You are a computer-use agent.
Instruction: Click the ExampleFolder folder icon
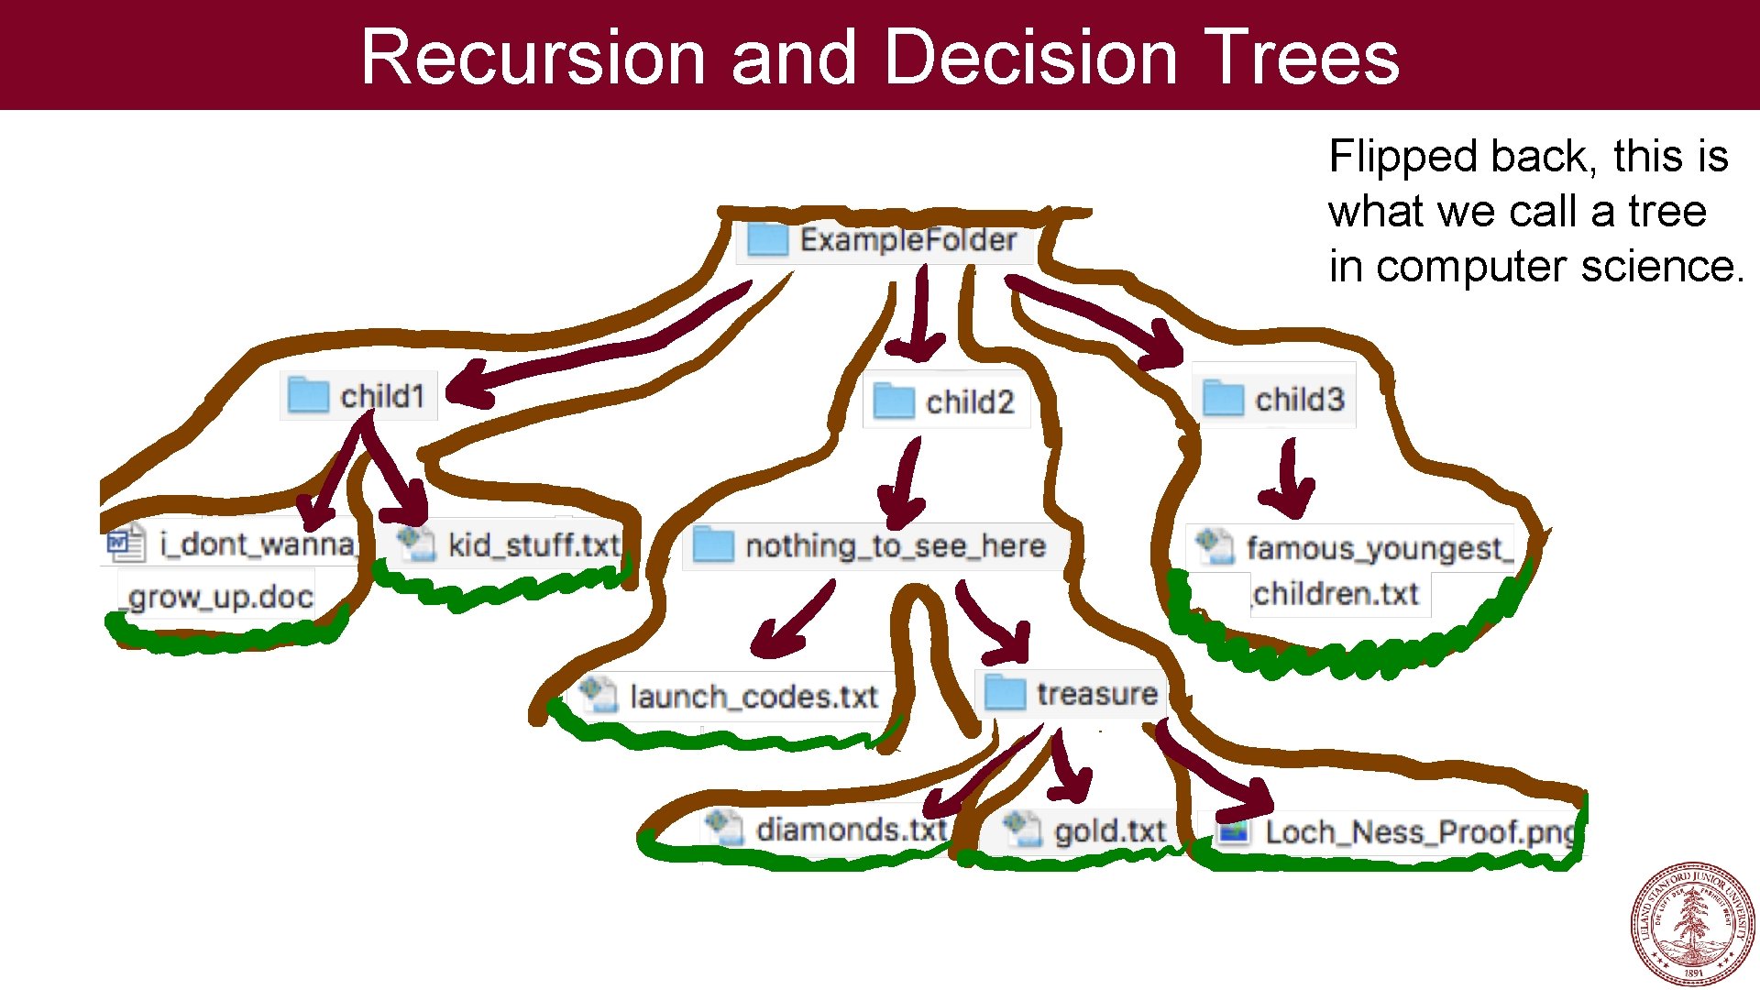coord(766,240)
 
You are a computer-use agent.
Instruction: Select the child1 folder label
coord(382,396)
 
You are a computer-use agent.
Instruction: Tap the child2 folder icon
coord(893,401)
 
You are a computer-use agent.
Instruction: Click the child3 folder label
coord(1299,400)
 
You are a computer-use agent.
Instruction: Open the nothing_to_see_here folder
coord(895,546)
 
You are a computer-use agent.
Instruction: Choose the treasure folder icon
coord(1004,693)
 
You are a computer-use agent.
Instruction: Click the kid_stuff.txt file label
coord(533,545)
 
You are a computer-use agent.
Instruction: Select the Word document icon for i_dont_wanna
coord(126,544)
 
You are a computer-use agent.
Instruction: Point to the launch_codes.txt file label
coord(753,697)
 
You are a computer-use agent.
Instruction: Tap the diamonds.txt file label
coord(850,830)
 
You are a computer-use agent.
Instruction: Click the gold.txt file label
coord(1109,831)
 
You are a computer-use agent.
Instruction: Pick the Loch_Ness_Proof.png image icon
coord(1233,831)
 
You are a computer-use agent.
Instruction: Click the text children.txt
coord(1336,594)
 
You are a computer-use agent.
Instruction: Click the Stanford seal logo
coord(1692,923)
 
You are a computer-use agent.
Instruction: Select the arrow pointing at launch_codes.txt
coord(788,623)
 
